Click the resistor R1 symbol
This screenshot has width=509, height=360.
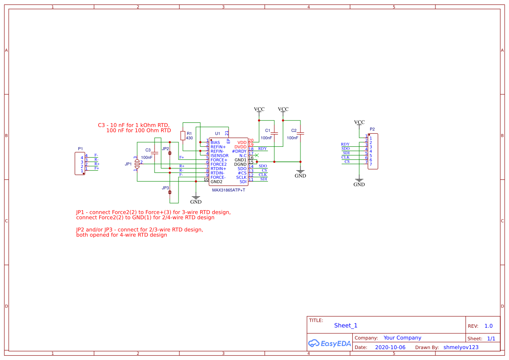point(183,135)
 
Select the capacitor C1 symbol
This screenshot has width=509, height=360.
point(274,133)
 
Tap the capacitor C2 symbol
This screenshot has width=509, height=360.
point(300,133)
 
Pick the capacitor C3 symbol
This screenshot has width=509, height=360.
point(154,153)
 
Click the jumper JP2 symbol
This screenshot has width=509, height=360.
point(170,153)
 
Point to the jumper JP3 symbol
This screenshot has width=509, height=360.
point(170,192)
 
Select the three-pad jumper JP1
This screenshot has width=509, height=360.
point(137,164)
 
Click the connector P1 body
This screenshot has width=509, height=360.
point(80,163)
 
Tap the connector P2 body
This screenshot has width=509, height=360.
point(373,151)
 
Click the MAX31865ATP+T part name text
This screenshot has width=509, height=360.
point(229,190)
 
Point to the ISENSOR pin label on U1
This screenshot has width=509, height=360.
point(219,155)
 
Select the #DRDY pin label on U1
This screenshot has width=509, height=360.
point(239,151)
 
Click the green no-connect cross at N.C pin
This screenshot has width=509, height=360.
point(257,155)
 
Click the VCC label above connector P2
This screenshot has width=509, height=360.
point(359,122)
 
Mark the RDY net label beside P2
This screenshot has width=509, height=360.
point(345,144)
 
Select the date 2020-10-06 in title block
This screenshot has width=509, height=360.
point(390,347)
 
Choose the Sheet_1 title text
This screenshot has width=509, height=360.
point(346,326)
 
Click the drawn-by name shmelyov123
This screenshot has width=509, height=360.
point(461,347)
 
